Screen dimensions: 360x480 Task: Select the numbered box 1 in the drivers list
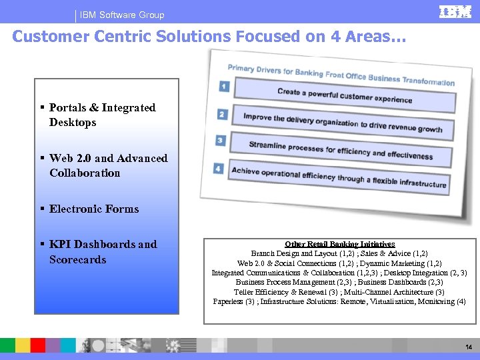223,86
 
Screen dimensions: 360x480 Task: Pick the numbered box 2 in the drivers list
222,114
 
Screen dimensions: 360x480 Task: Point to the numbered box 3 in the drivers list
221,141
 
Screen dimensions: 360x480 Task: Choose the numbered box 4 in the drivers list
219,168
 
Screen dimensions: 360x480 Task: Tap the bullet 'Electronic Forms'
94,209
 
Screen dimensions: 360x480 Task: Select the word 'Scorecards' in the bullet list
77,259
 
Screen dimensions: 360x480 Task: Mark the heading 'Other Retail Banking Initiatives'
340,244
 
